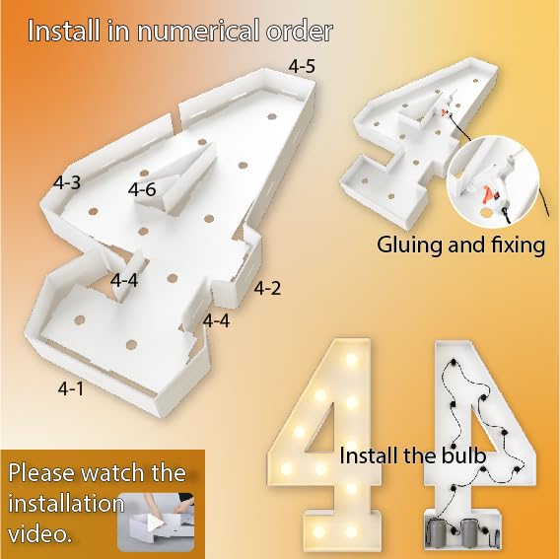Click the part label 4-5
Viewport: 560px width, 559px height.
tap(302, 66)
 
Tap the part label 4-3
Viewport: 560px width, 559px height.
tap(67, 182)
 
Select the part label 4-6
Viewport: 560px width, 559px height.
tap(142, 189)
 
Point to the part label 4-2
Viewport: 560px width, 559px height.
tap(267, 288)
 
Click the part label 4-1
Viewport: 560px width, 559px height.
tap(71, 388)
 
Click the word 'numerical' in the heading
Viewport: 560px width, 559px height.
tap(199, 32)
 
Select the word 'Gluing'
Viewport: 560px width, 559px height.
tap(409, 246)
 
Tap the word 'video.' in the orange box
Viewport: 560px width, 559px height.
tap(38, 534)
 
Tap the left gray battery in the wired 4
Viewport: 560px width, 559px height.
tap(438, 533)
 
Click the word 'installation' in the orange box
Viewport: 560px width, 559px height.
tap(66, 503)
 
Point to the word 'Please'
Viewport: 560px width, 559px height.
tap(41, 472)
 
